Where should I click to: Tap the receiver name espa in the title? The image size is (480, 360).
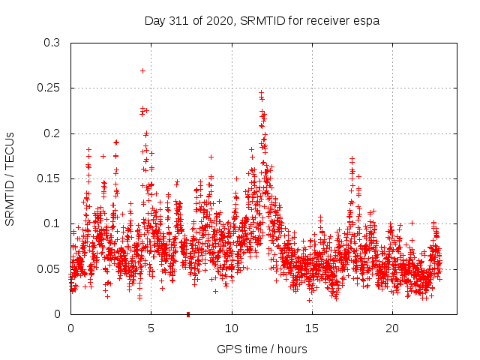[366, 20]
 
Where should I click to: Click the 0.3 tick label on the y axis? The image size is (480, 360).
[52, 43]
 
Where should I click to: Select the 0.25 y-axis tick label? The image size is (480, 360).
[49, 88]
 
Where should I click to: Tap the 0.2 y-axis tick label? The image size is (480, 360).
[52, 133]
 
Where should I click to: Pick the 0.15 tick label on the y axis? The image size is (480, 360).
[49, 178]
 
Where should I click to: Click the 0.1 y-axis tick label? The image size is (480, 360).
[52, 223]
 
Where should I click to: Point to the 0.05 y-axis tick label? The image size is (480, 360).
[49, 268]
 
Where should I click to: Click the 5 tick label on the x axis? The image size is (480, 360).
[151, 328]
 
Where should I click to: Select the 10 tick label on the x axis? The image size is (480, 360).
[232, 328]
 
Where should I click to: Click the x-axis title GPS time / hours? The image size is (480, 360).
[262, 349]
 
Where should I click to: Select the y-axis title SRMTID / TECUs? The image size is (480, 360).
[10, 178]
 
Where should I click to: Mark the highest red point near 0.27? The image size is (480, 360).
[142, 70]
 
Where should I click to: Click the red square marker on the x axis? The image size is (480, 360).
[187, 314]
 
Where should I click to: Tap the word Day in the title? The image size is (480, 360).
[154, 20]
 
